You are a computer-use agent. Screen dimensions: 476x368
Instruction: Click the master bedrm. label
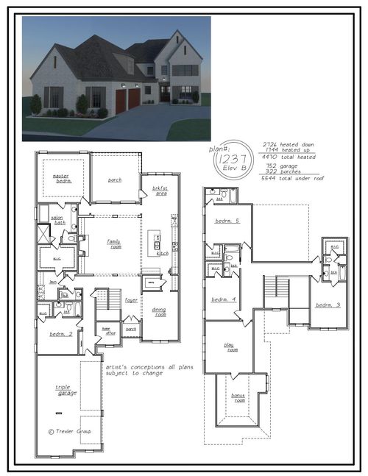coord(63,178)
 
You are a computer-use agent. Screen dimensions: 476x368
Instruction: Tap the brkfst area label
coord(160,190)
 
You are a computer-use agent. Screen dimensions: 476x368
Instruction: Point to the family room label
coord(115,244)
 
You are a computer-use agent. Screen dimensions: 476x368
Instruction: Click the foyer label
coord(131,299)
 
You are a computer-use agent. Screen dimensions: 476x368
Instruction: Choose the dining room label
coord(159,311)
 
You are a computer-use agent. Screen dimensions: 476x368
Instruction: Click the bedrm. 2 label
coord(59,333)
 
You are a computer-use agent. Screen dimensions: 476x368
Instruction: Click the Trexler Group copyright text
coord(70,431)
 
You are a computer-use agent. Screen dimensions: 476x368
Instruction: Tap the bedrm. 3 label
coord(328,305)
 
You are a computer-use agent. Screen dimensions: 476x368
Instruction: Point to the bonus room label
coord(238,397)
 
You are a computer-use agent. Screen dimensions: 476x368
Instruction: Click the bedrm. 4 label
coord(223,299)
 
